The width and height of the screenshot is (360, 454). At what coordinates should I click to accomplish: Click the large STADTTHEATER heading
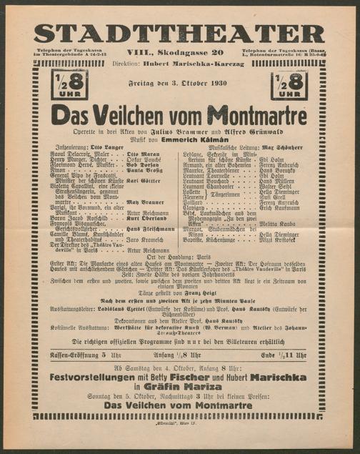point(179,32)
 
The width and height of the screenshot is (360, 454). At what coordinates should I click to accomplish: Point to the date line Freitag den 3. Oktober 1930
point(179,86)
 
